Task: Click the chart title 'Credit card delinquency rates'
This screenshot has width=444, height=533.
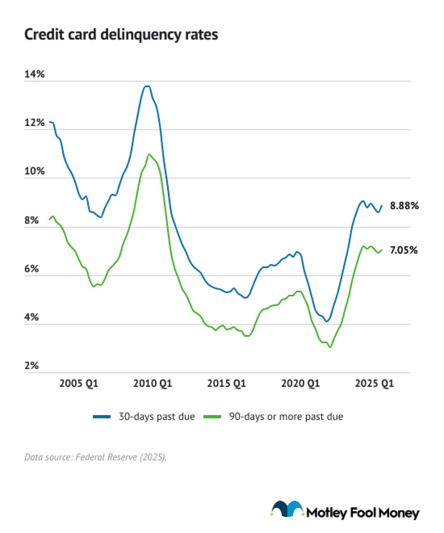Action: coord(121,35)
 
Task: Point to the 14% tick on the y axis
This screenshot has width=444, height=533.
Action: coord(34,74)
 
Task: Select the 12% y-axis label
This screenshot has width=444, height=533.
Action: coord(34,123)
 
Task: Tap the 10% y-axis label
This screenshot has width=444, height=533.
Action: coord(34,171)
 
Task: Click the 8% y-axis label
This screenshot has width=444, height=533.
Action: coord(32,220)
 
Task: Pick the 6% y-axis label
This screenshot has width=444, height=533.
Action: coord(32,269)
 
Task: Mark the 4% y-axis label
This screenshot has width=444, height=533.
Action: coord(32,317)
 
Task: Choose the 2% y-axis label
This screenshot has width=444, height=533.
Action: coord(32,365)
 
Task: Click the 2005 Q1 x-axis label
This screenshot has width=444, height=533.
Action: coord(79,383)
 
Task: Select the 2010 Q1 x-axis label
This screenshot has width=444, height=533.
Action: coord(153,383)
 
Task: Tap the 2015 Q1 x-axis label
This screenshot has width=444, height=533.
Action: coord(226,383)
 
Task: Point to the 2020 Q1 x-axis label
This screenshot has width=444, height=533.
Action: coord(300,383)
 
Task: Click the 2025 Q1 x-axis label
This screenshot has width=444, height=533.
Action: coord(374,383)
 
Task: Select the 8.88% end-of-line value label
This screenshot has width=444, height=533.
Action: coord(404,206)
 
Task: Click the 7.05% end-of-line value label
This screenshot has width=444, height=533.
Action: coord(403,250)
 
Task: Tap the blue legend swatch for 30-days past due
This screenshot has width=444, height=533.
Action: coord(102,417)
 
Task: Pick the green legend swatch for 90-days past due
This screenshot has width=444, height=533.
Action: coord(212,417)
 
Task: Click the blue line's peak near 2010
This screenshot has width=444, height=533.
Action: coord(147,86)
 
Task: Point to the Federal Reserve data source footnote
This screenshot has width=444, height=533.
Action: coord(95,457)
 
